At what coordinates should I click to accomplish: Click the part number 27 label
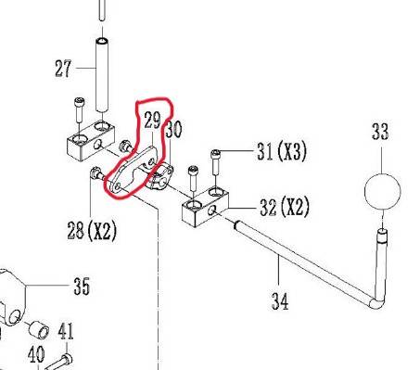[63, 69]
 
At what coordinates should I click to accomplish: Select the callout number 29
[152, 121]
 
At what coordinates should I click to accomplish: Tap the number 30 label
[173, 129]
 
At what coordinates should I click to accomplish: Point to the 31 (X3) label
[282, 151]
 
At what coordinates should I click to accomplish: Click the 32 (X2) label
[285, 207]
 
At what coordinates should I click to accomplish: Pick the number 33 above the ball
[380, 132]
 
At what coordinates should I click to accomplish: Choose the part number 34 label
[280, 301]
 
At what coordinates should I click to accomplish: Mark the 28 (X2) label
[92, 231]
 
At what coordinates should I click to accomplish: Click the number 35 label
[82, 286]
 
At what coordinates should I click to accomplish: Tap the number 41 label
[66, 331]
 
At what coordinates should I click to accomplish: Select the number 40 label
[36, 354]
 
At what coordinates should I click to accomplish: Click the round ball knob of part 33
[383, 192]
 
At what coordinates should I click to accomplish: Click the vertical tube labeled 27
[101, 75]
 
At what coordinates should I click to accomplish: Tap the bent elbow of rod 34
[377, 302]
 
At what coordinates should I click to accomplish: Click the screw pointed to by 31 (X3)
[215, 163]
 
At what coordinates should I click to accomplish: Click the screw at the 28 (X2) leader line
[97, 173]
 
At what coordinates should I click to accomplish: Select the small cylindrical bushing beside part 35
[39, 330]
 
